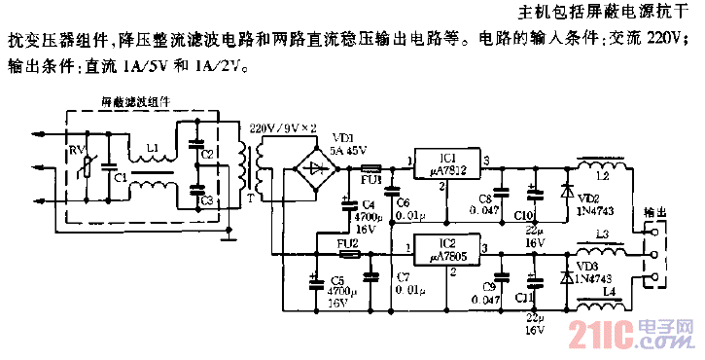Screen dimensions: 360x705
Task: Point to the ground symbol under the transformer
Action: coord(228,234)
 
